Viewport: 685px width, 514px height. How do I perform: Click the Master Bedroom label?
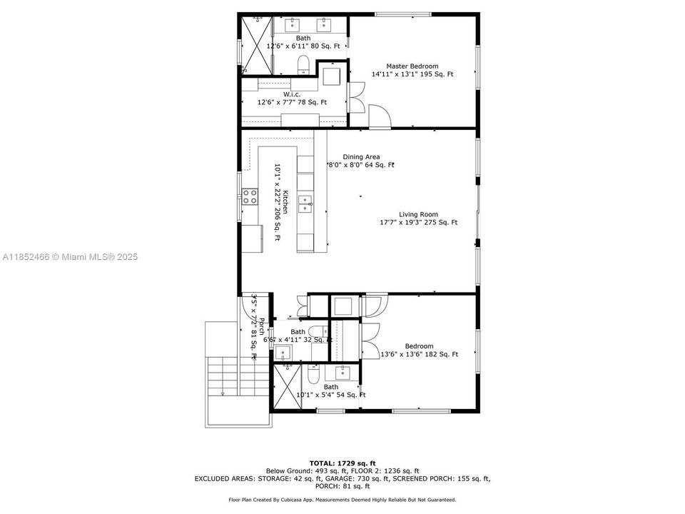(x=412, y=66)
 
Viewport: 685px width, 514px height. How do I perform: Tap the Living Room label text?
(x=418, y=214)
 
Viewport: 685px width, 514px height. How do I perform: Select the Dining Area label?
(x=361, y=157)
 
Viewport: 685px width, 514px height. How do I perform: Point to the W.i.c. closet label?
(x=291, y=94)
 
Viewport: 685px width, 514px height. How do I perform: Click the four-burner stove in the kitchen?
(x=250, y=196)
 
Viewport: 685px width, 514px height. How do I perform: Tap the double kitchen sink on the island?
(x=305, y=203)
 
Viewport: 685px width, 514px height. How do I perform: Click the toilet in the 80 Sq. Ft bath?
(x=303, y=64)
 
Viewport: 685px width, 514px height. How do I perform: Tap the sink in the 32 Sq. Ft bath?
(x=284, y=353)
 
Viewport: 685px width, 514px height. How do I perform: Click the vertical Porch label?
(x=261, y=328)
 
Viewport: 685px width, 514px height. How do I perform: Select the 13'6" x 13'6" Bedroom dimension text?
(x=420, y=354)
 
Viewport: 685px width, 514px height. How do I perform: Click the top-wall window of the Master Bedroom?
(x=403, y=14)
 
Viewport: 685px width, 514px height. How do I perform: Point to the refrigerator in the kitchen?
(x=251, y=238)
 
